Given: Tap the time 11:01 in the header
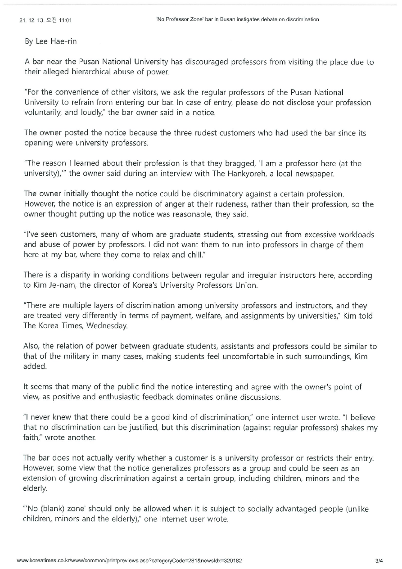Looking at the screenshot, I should point(65,20).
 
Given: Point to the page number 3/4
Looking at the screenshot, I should point(379,560).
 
